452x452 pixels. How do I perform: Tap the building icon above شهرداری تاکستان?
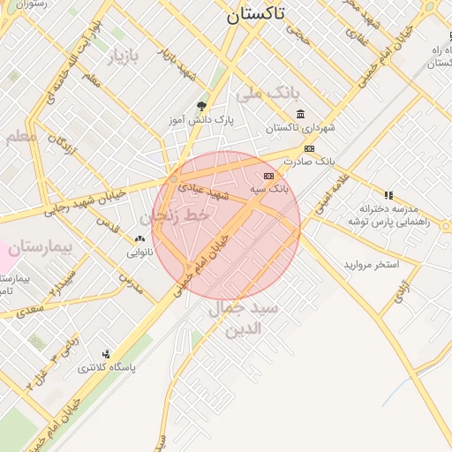click(301, 115)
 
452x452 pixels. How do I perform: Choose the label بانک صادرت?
click(314, 162)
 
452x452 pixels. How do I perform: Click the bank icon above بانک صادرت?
click(309, 148)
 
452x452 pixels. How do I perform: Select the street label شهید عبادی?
click(204, 188)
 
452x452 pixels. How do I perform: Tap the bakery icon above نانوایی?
click(139, 238)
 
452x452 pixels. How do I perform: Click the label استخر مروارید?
click(371, 265)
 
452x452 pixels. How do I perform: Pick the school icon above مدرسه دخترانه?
click(388, 194)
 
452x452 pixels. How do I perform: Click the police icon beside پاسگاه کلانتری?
click(107, 354)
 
